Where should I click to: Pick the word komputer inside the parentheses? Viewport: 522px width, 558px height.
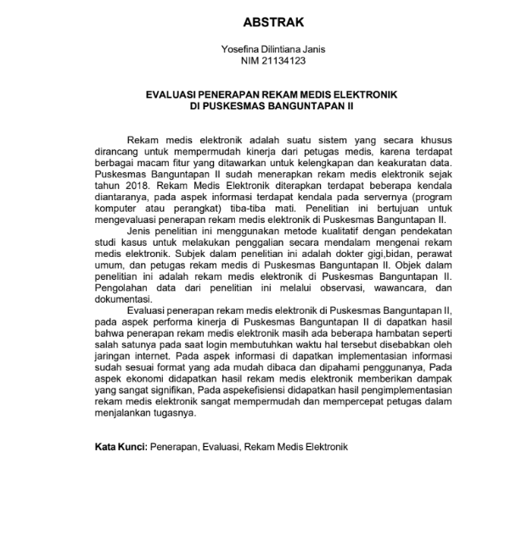point(118,209)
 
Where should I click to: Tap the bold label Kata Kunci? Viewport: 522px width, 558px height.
point(120,446)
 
